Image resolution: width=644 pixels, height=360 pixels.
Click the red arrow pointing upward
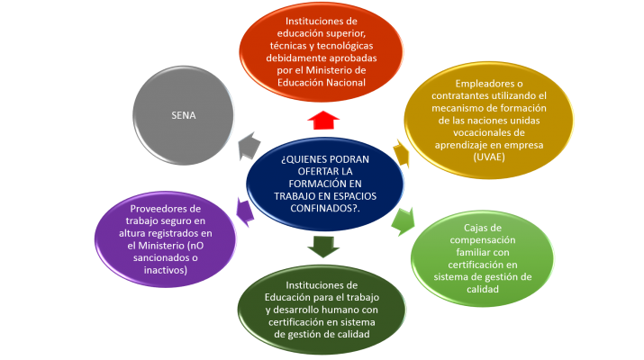321,119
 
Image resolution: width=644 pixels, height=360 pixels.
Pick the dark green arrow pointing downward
322,245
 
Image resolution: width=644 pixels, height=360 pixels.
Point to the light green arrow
402,219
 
